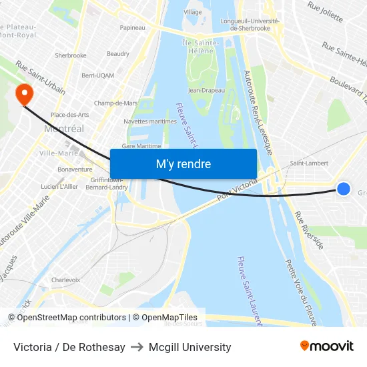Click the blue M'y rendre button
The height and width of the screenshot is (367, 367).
[183, 164]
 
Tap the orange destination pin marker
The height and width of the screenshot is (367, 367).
[24, 94]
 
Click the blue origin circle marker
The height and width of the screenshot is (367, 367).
[344, 189]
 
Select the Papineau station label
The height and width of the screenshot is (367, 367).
[132, 27]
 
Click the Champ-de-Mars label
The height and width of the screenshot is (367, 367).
[115, 103]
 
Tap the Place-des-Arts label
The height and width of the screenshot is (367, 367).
[70, 115]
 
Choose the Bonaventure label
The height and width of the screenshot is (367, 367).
[75, 169]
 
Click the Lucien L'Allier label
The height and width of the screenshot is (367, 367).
[59, 187]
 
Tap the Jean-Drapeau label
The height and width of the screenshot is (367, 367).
[206, 90]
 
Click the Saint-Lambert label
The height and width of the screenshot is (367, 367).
[308, 163]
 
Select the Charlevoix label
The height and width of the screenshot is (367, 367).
[65, 280]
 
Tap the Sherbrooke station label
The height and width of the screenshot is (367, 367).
[71, 55]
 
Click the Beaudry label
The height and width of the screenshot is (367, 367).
[118, 54]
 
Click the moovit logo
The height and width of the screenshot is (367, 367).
[326, 346]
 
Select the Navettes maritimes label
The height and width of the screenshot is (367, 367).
[150, 121]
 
